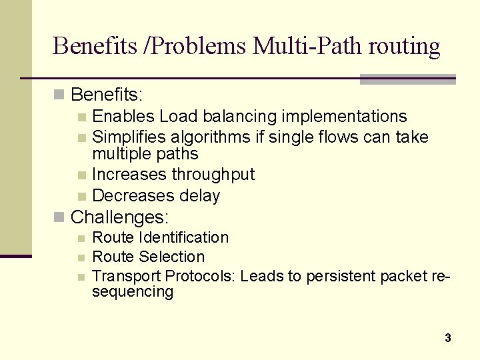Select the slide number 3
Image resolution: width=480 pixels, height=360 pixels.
(448, 338)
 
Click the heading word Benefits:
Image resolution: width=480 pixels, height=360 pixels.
(107, 93)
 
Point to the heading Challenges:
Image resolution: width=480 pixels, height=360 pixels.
(120, 217)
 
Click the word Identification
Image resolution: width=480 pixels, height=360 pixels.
(185, 237)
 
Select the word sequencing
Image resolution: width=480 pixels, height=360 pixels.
(132, 291)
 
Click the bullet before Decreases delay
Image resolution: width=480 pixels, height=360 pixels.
(81, 196)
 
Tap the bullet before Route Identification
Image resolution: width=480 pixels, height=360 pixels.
(81, 238)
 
